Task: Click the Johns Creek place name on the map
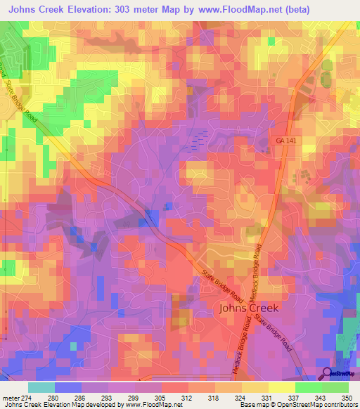click(249, 308)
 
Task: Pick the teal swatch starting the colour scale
click(41, 387)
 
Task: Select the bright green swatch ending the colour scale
click(335, 387)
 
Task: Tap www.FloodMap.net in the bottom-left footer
click(149, 405)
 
